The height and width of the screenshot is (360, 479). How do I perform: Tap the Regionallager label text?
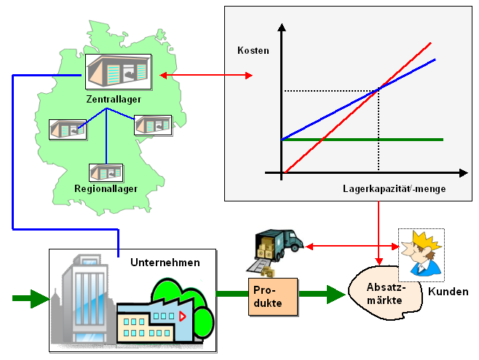pyautogui.click(x=106, y=189)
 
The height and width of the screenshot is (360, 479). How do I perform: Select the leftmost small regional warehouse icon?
pyautogui.click(x=68, y=129)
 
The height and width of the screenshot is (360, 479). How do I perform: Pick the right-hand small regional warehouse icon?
pyautogui.click(x=153, y=124)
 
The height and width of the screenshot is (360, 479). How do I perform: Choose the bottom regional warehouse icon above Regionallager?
pyautogui.click(x=106, y=172)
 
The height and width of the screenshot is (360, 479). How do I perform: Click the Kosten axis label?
pyautogui.click(x=253, y=51)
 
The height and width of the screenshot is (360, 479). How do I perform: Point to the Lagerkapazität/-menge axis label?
pyautogui.click(x=394, y=188)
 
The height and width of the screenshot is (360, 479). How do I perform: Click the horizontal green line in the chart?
pyautogui.click(x=364, y=139)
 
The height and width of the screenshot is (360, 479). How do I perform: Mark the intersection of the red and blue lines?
pyautogui.click(x=379, y=90)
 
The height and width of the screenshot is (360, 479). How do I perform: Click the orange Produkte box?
pyautogui.click(x=273, y=296)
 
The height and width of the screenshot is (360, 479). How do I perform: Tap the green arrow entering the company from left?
pyautogui.click(x=30, y=298)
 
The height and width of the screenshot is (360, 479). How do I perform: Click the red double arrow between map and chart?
pyautogui.click(x=206, y=75)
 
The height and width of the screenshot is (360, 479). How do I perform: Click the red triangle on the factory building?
pyautogui.click(x=182, y=317)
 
